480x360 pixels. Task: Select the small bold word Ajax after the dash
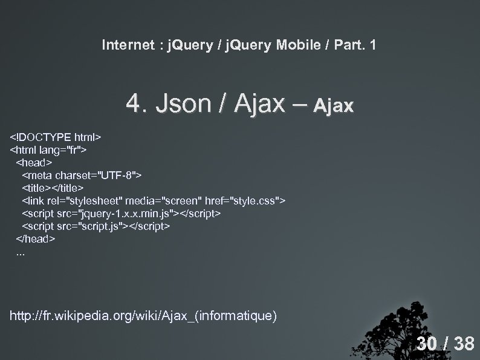pyautogui.click(x=334, y=107)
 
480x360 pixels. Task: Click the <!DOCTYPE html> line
pyautogui.click(x=55, y=137)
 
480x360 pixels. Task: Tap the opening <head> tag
pyautogui.click(x=34, y=162)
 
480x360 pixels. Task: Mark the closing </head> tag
pyautogui.click(x=36, y=239)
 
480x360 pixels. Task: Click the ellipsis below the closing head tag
pyautogui.click(x=21, y=253)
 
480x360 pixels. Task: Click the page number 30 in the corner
pyautogui.click(x=426, y=344)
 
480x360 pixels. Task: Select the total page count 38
pyautogui.click(x=464, y=344)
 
